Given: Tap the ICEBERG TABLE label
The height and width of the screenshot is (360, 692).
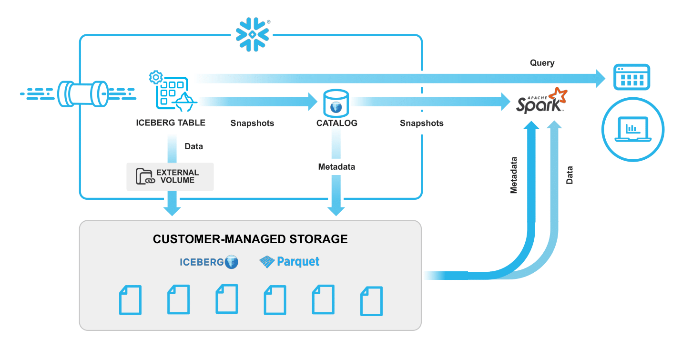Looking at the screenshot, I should pyautogui.click(x=171, y=123).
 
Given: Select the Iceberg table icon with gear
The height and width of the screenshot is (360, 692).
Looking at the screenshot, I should pyautogui.click(x=172, y=90).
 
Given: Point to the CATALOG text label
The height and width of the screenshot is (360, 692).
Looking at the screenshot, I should pyautogui.click(x=336, y=123).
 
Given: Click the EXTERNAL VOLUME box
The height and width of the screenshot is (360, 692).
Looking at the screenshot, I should pyautogui.click(x=170, y=176).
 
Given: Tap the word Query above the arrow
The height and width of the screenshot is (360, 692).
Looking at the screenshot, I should pyautogui.click(x=542, y=63).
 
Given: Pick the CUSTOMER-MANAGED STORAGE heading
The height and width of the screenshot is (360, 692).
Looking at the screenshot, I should pyautogui.click(x=250, y=239).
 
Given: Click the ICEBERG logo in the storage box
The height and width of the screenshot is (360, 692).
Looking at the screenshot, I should pyautogui.click(x=209, y=262).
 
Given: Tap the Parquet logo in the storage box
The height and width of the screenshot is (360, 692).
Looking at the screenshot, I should pyautogui.click(x=289, y=262).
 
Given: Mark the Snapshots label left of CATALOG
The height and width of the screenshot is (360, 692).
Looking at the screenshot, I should pyautogui.click(x=252, y=123).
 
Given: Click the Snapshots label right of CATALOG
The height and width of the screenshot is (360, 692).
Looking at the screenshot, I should pyautogui.click(x=421, y=123).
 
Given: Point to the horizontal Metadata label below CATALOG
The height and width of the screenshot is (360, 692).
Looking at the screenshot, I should pyautogui.click(x=336, y=167).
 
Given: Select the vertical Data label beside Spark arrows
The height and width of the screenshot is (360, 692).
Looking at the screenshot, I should pyautogui.click(x=569, y=175).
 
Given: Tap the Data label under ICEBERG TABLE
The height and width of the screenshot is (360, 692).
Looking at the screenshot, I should pyautogui.click(x=193, y=146).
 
